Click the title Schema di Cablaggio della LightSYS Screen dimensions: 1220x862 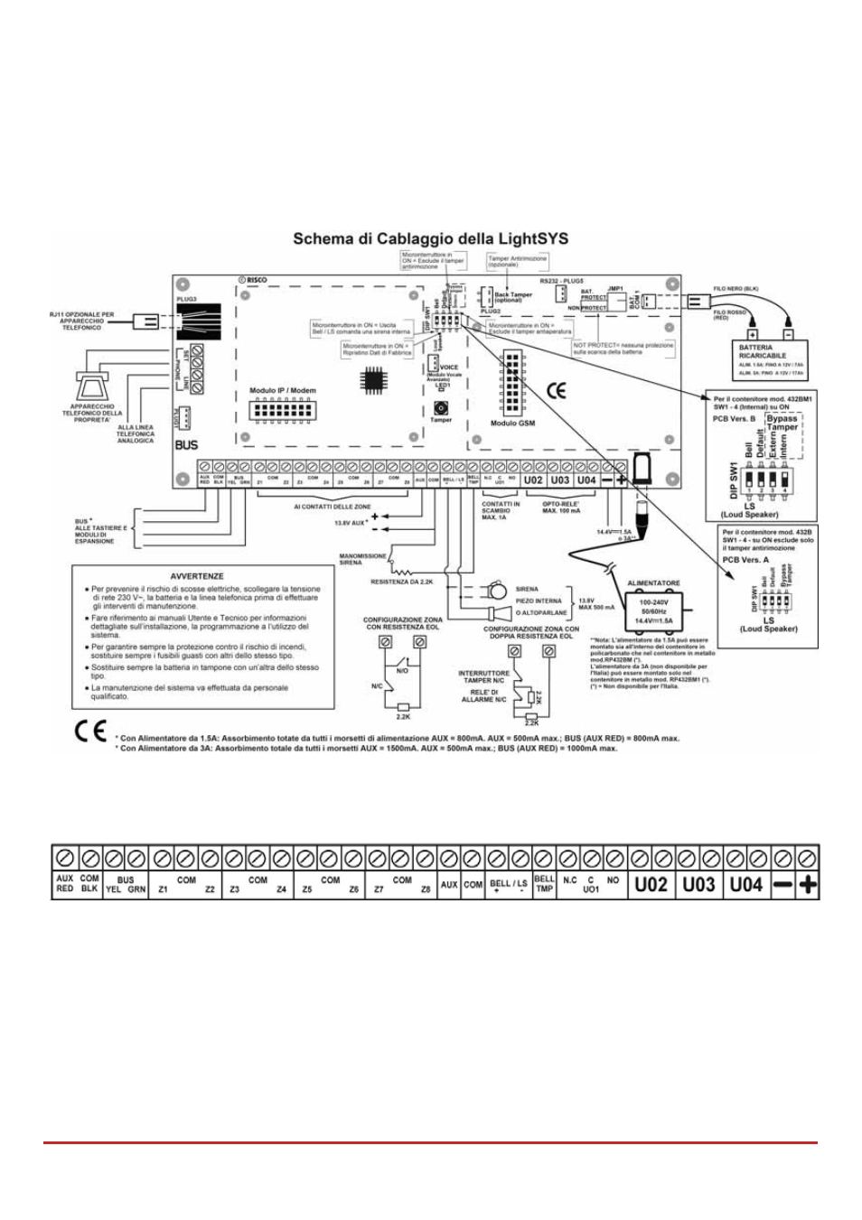click(430, 239)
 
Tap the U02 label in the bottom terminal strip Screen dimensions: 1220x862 click(651, 884)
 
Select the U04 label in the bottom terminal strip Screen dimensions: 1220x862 click(746, 884)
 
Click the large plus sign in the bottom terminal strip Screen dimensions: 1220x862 click(808, 885)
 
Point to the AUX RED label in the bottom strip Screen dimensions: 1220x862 click(65, 883)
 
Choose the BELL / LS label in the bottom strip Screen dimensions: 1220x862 click(509, 885)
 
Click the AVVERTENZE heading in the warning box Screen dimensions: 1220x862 click(197, 576)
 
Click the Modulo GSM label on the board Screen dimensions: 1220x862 click(512, 423)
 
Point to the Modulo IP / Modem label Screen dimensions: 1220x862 click(283, 391)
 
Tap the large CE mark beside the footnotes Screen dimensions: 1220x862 click(90, 731)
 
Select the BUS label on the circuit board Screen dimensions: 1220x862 click(186, 444)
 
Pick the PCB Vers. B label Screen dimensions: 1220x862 click(734, 419)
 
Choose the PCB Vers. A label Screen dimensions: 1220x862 click(745, 560)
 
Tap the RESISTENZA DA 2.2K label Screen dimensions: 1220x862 click(401, 582)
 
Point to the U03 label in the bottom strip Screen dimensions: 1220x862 click(698, 884)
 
